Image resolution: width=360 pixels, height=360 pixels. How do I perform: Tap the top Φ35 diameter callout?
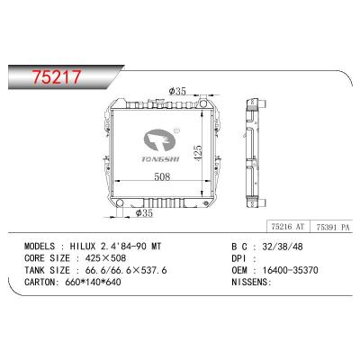coord(178,91)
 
